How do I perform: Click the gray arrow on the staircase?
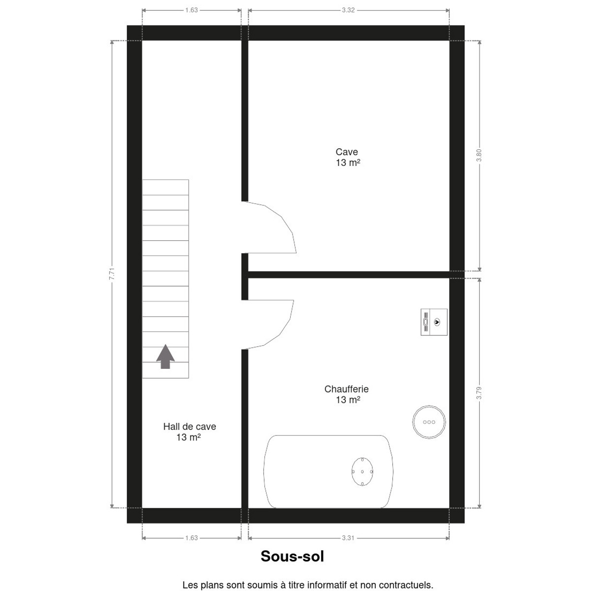tap(165, 357)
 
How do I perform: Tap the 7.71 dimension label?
tap(112, 273)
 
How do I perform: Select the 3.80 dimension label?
tap(479, 155)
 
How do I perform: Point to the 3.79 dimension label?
tap(479, 393)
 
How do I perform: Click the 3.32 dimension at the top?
tap(348, 10)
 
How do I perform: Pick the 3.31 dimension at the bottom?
tap(348, 546)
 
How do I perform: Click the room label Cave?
tap(347, 152)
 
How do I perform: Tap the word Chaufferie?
tap(347, 389)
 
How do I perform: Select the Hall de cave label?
tap(190, 427)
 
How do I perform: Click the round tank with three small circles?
tap(429, 422)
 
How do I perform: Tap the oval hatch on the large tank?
tap(362, 472)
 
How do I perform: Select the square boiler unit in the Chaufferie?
tap(434, 322)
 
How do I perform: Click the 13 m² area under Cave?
tap(348, 163)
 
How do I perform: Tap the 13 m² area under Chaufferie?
tap(348, 400)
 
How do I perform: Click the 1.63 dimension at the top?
tap(192, 10)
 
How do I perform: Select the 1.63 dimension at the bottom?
tap(192, 546)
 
